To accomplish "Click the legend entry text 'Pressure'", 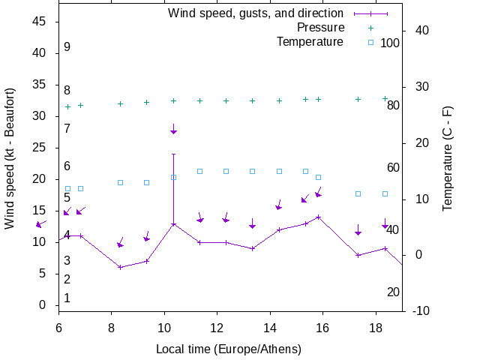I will click(x=320, y=28).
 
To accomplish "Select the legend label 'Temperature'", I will click(x=310, y=41).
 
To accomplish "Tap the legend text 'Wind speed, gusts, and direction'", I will click(x=256, y=13).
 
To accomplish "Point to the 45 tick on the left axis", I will click(x=40, y=22).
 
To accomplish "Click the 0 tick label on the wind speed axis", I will click(x=43, y=305).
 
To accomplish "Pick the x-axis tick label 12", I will click(x=217, y=328).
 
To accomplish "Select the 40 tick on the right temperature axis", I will click(x=421, y=30).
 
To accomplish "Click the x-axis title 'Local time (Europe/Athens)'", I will click(x=229, y=349).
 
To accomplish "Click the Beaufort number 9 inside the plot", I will click(x=67, y=46).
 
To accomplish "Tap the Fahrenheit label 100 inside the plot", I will click(x=390, y=43).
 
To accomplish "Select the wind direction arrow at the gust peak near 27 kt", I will click(x=173, y=131).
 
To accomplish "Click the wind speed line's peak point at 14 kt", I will click(x=319, y=217).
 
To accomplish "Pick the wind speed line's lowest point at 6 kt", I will click(x=120, y=267).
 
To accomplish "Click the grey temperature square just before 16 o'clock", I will click(x=318, y=178).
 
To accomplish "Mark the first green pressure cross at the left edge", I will click(x=67, y=106).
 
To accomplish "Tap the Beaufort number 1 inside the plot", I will click(x=67, y=298).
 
